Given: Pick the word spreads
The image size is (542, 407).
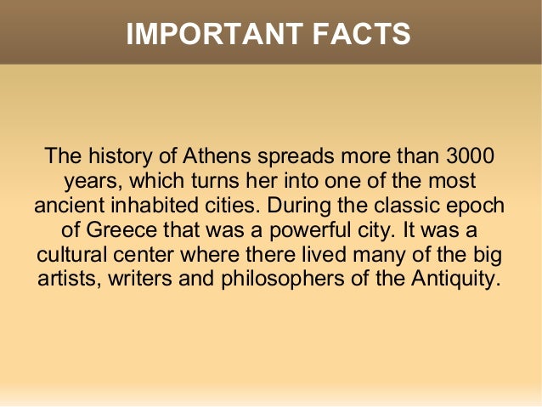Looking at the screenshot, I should (299, 157).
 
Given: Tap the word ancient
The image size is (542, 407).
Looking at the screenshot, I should (67, 206).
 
